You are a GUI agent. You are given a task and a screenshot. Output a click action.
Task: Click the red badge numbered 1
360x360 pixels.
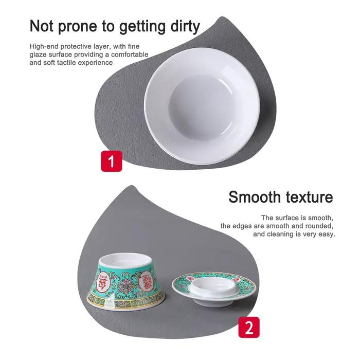click(112, 161)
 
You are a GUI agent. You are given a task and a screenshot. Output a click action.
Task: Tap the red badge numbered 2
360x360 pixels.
click(249, 327)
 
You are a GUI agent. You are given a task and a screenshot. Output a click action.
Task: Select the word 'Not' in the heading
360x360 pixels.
click(41, 26)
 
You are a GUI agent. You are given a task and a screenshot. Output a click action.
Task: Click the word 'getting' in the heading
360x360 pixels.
click(142, 27)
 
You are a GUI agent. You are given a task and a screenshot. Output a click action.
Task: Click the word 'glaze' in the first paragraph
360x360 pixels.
click(38, 55)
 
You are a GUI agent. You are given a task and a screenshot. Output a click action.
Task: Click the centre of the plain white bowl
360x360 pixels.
click(202, 106)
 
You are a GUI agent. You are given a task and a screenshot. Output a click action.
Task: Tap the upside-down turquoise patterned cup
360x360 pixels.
click(127, 281)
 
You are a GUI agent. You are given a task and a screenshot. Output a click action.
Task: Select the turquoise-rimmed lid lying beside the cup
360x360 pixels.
click(214, 287)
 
